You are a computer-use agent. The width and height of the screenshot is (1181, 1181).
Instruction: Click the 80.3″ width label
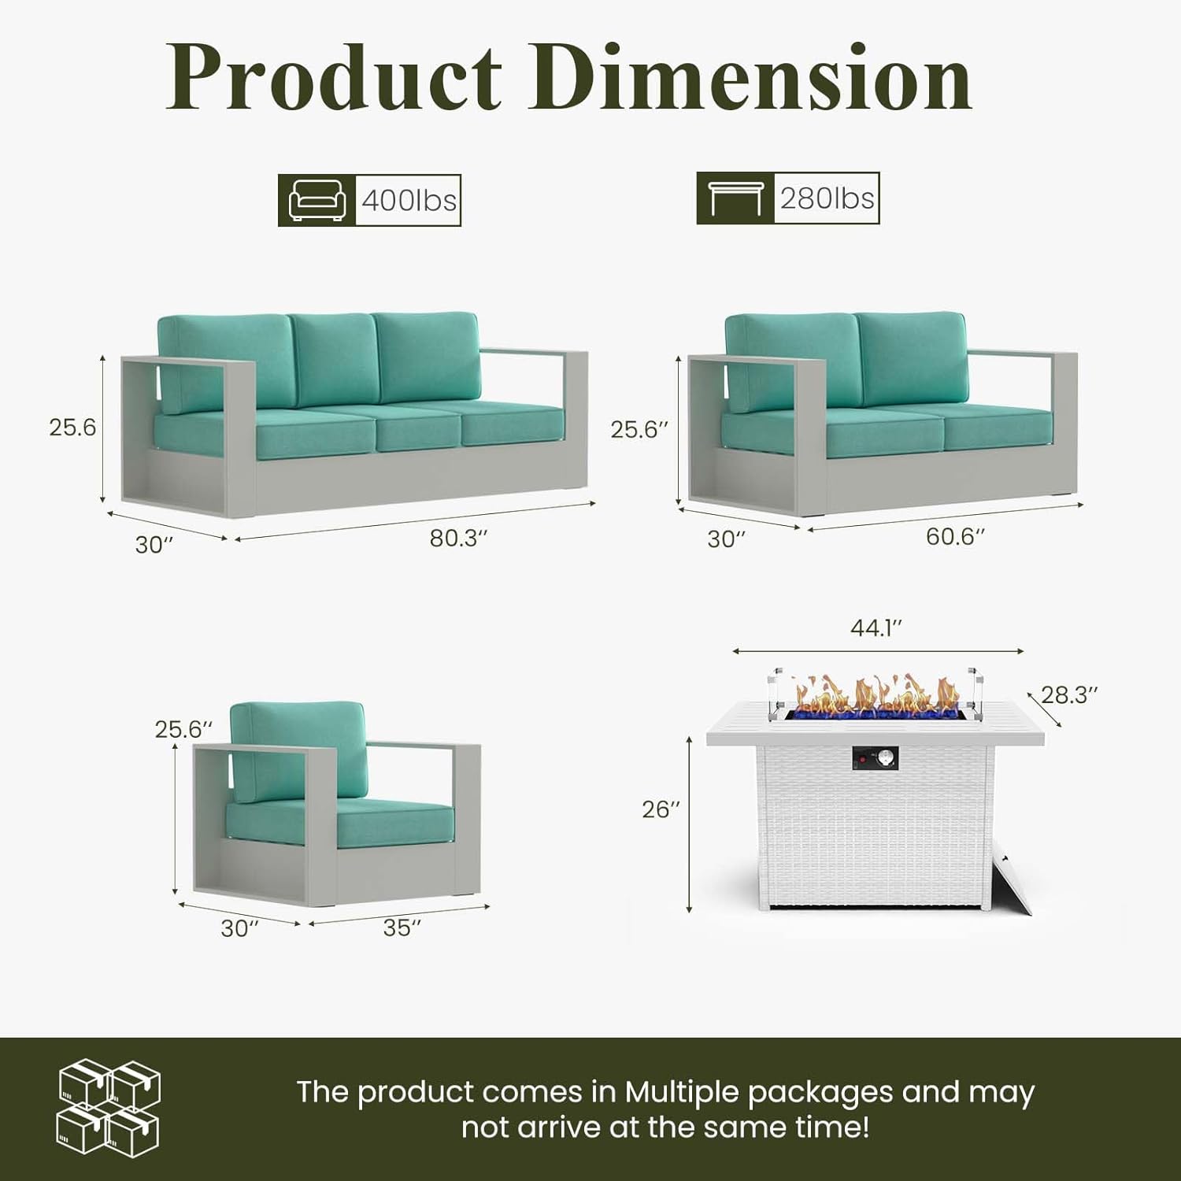(x=458, y=539)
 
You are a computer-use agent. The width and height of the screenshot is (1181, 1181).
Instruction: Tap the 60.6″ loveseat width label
(x=955, y=536)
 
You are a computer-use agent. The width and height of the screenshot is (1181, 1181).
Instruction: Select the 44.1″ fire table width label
(x=876, y=628)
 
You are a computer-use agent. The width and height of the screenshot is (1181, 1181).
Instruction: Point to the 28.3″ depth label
(x=1069, y=694)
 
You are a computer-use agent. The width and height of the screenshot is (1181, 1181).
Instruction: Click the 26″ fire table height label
(x=660, y=809)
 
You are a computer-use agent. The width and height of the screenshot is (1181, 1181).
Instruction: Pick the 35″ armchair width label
(x=402, y=927)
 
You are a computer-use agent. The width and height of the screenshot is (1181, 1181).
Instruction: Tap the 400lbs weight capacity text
(x=409, y=201)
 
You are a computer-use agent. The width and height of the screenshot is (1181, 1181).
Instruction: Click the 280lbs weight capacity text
(x=827, y=198)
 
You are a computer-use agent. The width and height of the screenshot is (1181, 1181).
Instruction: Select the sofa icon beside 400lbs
(x=317, y=200)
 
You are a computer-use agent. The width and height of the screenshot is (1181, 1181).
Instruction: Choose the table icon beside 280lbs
(x=735, y=198)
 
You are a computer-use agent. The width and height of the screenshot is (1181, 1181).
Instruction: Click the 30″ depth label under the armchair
(x=239, y=928)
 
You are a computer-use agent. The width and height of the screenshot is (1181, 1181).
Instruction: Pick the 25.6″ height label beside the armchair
(x=183, y=729)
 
